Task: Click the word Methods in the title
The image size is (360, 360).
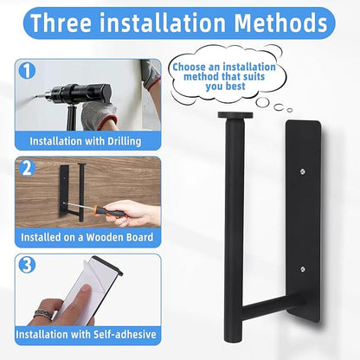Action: click(280, 22)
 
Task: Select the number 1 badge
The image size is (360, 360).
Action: click(27, 71)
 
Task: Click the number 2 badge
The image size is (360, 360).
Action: click(27, 168)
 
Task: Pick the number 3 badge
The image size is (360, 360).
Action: click(27, 265)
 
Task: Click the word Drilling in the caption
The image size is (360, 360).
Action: click(125, 142)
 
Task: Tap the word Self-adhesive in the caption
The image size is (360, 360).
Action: click(125, 334)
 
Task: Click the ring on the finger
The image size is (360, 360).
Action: click(44, 314)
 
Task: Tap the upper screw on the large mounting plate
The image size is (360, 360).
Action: click(302, 172)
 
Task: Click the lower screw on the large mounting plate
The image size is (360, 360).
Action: click(302, 269)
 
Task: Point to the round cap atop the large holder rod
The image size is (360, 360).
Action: click(235, 115)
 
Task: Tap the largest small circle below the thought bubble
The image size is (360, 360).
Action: click(262, 102)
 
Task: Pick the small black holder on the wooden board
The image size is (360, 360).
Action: click(72, 192)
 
